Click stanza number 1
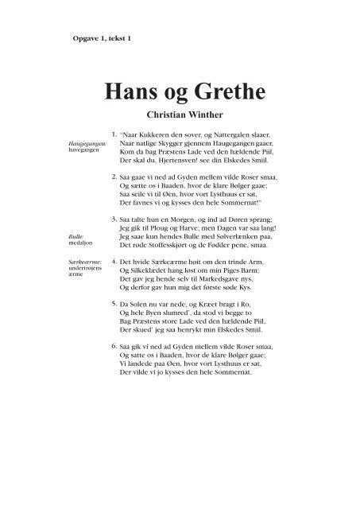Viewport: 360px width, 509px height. click(x=114, y=135)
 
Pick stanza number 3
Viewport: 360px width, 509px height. click(x=114, y=217)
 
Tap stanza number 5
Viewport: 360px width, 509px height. click(x=114, y=303)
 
